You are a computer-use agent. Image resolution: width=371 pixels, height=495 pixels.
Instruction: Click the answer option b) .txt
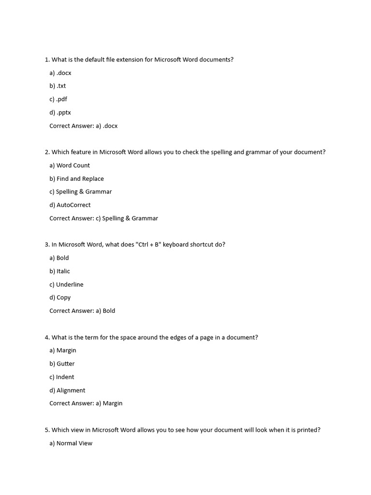pos(57,86)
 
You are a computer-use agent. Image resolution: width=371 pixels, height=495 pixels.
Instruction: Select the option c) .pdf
pos(58,99)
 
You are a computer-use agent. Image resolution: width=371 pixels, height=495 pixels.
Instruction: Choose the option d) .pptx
pos(60,113)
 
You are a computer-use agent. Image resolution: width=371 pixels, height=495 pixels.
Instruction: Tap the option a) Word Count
pos(70,165)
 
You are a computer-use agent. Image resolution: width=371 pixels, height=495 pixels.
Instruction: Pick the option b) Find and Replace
pos(76,179)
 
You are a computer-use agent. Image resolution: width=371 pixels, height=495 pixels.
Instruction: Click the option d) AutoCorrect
pos(70,205)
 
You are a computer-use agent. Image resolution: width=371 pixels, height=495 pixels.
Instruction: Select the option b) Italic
pos(59,271)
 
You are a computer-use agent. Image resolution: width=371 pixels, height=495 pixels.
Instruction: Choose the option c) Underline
pos(66,285)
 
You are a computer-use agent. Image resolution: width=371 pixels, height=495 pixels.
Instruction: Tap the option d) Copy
pos(60,298)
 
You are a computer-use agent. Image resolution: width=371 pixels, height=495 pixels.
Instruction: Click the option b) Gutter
pos(62,364)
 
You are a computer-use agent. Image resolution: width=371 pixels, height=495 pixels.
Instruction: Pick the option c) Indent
pos(62,377)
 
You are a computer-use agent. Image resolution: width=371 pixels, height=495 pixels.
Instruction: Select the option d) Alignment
pos(67,390)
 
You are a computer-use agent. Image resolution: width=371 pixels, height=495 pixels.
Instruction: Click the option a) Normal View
pos(71,443)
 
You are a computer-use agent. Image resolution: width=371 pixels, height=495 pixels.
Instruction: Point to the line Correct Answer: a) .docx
pos(84,126)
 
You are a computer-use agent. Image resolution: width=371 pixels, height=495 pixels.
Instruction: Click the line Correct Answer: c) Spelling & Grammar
pos(104,218)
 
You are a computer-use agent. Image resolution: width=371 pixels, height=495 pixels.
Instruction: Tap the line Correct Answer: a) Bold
pos(82,311)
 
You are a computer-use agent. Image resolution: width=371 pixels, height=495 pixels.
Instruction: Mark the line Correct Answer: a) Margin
pos(86,403)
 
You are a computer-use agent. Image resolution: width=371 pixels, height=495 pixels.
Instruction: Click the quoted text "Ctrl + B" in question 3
pos(148,245)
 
